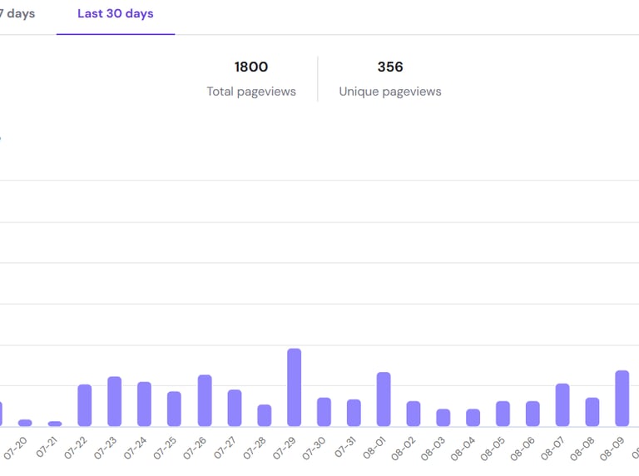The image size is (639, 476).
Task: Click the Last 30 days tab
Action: tap(115, 14)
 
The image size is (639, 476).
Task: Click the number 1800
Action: tap(251, 67)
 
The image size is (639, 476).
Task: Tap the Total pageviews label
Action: tap(251, 92)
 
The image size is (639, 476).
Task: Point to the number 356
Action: tap(390, 67)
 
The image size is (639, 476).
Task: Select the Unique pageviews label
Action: tap(390, 92)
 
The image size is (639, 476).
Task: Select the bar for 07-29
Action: tap(294, 388)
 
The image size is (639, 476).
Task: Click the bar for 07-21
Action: tap(55, 424)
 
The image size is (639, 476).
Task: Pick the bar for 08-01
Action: tap(384, 399)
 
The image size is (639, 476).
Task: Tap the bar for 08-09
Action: tap(622, 399)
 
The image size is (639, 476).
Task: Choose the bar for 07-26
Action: tap(205, 401)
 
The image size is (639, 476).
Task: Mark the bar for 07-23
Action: tap(115, 402)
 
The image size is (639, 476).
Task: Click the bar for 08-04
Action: tap(473, 418)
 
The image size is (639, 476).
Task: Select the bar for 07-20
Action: tap(25, 423)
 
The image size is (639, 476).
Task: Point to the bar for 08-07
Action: tap(562, 405)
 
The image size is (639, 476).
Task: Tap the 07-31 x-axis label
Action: tap(344, 449)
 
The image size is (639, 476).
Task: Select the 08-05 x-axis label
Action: tap(493, 449)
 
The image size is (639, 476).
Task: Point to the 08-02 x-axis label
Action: tap(404, 449)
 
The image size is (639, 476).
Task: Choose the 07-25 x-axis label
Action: tap(165, 449)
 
